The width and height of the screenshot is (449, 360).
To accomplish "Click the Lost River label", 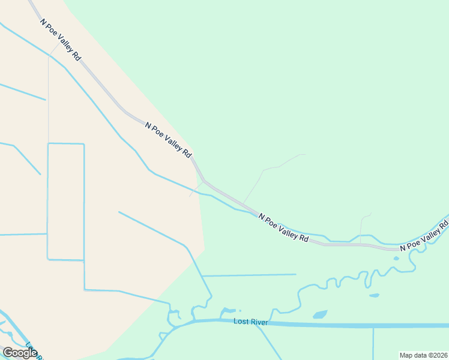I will tap(250, 322).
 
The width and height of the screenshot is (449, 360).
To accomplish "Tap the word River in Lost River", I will tap(259, 322).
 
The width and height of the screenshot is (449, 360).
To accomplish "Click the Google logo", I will tap(20, 352).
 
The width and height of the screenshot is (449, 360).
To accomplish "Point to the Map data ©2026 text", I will tap(423, 355).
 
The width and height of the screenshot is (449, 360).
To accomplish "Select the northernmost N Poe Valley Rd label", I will tap(61, 40).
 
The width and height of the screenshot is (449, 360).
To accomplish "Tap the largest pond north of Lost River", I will tap(320, 314).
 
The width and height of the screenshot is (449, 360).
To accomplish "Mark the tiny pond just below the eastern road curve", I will tap(396, 259).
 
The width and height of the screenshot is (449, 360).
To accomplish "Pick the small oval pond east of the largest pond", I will tap(374, 295).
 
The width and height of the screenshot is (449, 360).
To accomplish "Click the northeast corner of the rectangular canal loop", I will tap(83, 144).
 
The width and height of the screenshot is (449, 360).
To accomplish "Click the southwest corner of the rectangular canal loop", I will tap(48, 259).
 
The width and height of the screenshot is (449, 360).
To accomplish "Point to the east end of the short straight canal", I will tap(296, 274).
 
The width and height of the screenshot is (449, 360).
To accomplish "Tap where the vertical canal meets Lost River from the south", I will tap(373, 328).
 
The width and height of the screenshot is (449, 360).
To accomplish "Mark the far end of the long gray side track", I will tap(304, 154).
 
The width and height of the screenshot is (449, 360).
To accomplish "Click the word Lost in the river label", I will tap(241, 322).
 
